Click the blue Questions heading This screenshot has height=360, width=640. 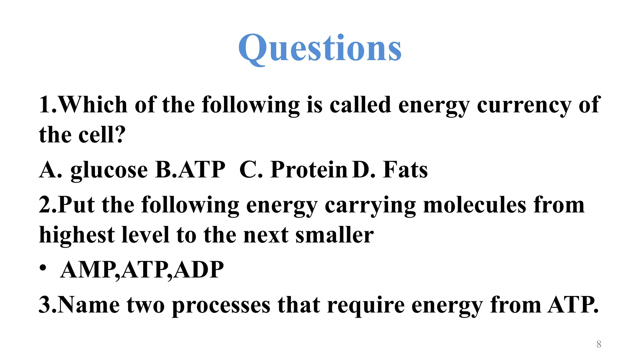click(x=320, y=48)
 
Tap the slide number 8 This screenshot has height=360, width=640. click(x=598, y=344)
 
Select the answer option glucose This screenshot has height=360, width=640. click(x=109, y=170)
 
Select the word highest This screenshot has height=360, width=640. click(x=77, y=235)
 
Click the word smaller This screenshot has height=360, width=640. click(x=334, y=235)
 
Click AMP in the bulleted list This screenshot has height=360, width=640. click(x=88, y=270)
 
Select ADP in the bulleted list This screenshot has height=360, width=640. click(x=199, y=270)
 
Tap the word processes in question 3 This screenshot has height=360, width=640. click(x=221, y=306)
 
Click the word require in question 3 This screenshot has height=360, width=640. click(x=365, y=306)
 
